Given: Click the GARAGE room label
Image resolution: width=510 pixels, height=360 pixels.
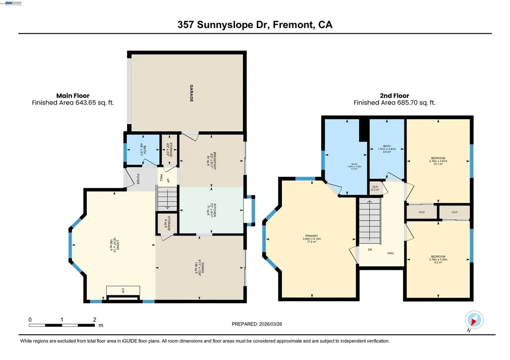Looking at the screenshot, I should pyautogui.click(x=191, y=94).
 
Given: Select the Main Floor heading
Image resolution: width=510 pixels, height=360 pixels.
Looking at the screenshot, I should pyautogui.click(x=73, y=96).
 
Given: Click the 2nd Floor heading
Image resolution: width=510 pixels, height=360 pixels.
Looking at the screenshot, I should pyautogui.click(x=394, y=96).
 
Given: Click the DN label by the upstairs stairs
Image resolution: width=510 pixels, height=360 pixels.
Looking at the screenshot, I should pyautogui.click(x=370, y=249).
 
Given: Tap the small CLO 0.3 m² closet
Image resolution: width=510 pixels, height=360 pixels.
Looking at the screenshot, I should pyautogui.click(x=375, y=188).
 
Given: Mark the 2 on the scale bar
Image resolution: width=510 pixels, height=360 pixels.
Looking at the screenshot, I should pyautogui.click(x=94, y=319).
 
